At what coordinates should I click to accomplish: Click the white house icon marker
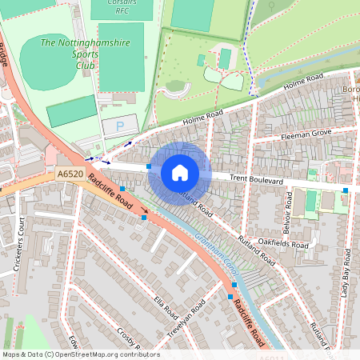(x=180, y=173)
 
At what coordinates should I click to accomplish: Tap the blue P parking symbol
(x=120, y=126)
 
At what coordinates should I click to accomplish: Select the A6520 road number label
(x=70, y=174)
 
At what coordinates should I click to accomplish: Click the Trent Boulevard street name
(x=257, y=182)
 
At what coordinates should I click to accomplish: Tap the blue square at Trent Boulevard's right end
(x=346, y=190)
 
